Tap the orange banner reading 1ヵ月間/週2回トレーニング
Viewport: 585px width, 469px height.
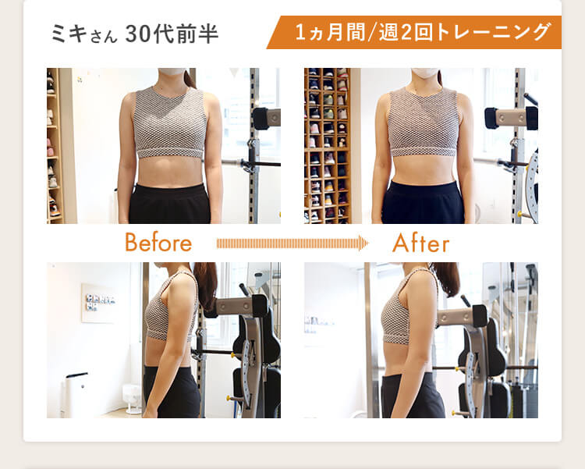click(421, 33)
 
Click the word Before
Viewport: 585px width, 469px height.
click(158, 243)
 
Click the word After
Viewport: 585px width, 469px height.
click(420, 243)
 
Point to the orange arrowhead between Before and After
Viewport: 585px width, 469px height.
click(362, 243)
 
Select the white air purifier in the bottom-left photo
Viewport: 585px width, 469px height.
click(76, 395)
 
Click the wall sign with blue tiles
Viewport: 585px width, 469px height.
click(98, 301)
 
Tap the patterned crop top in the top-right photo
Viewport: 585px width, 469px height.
click(424, 121)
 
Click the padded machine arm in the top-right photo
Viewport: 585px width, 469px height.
click(511, 118)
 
